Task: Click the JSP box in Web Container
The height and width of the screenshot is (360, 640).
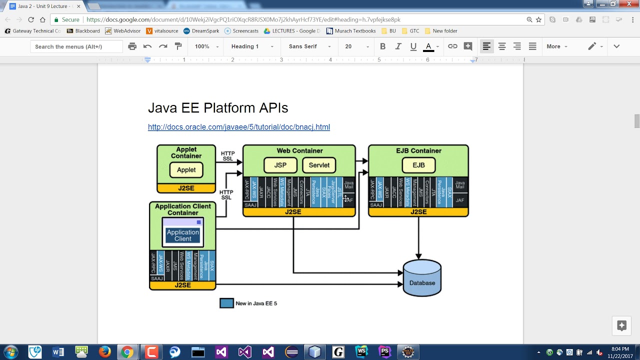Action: click(x=280, y=165)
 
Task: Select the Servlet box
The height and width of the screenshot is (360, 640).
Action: click(x=319, y=165)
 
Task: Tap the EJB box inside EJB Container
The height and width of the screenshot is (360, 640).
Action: click(x=418, y=165)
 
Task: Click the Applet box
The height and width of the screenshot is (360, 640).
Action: click(x=186, y=170)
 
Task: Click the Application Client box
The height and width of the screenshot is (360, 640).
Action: click(x=182, y=235)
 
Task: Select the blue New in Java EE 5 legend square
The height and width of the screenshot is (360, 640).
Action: click(x=226, y=303)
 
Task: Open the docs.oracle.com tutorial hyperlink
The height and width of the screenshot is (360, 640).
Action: click(x=238, y=127)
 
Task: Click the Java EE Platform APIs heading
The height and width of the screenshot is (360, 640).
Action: click(x=218, y=108)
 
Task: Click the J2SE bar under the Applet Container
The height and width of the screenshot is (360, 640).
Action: click(x=186, y=188)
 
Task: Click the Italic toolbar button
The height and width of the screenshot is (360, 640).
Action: click(x=398, y=46)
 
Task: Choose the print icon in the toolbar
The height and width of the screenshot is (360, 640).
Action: click(x=132, y=46)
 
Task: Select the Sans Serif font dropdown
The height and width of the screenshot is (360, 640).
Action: click(x=309, y=46)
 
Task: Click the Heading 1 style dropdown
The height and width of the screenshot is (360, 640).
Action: click(x=251, y=46)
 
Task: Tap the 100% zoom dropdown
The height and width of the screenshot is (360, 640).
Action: click(x=206, y=46)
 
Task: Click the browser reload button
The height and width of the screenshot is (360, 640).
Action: click(x=31, y=19)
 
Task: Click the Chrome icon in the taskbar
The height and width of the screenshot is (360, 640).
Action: click(x=127, y=352)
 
